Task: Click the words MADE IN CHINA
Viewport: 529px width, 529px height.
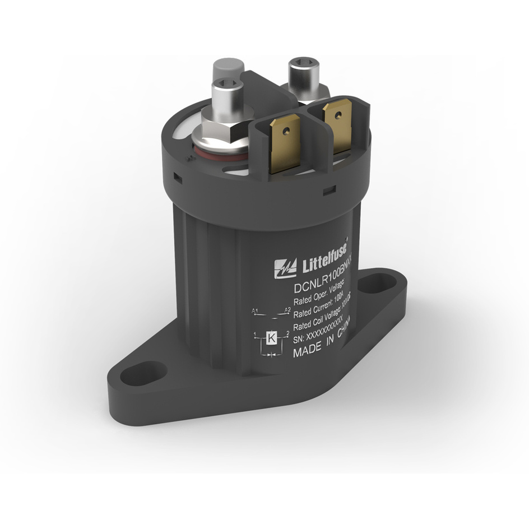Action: [322, 343]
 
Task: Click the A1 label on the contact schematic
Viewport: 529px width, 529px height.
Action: [255, 310]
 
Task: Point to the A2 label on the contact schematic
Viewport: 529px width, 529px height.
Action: [287, 309]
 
